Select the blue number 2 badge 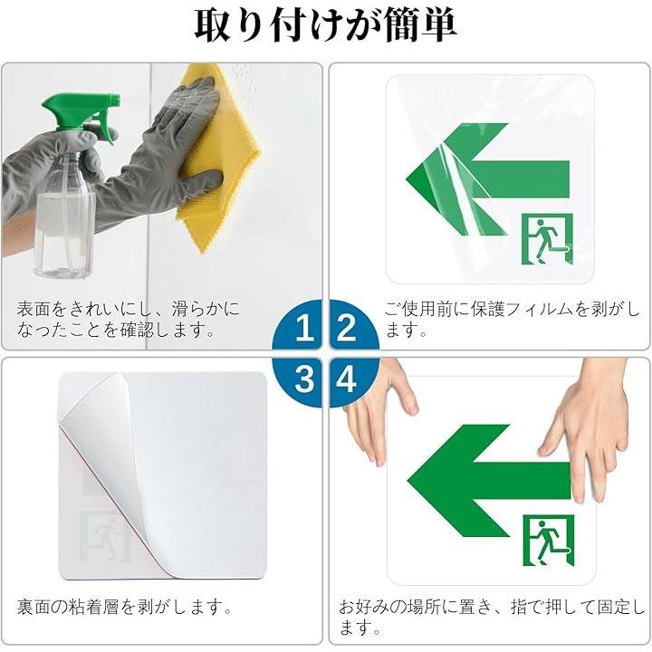(x=353, y=326)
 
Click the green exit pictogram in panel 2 (x=547, y=239)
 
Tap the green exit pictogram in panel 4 (x=549, y=541)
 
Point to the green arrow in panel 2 (x=487, y=179)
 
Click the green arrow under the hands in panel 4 (x=489, y=481)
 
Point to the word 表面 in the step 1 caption (x=34, y=310)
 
